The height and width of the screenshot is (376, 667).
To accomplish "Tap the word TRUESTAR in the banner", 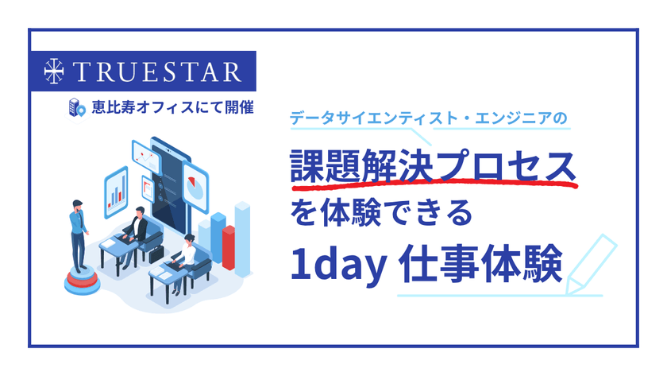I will click(x=156, y=71).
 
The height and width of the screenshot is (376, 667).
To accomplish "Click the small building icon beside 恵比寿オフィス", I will click(x=76, y=107).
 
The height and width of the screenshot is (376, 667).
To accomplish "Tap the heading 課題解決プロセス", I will click(x=434, y=166).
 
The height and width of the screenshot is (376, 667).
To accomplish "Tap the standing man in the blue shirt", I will click(x=79, y=231).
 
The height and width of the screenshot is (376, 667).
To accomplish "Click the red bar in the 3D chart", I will click(x=229, y=246).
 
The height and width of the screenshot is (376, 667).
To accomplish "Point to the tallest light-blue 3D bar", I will click(x=242, y=231).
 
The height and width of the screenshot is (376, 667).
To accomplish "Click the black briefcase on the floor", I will click(x=156, y=255).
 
